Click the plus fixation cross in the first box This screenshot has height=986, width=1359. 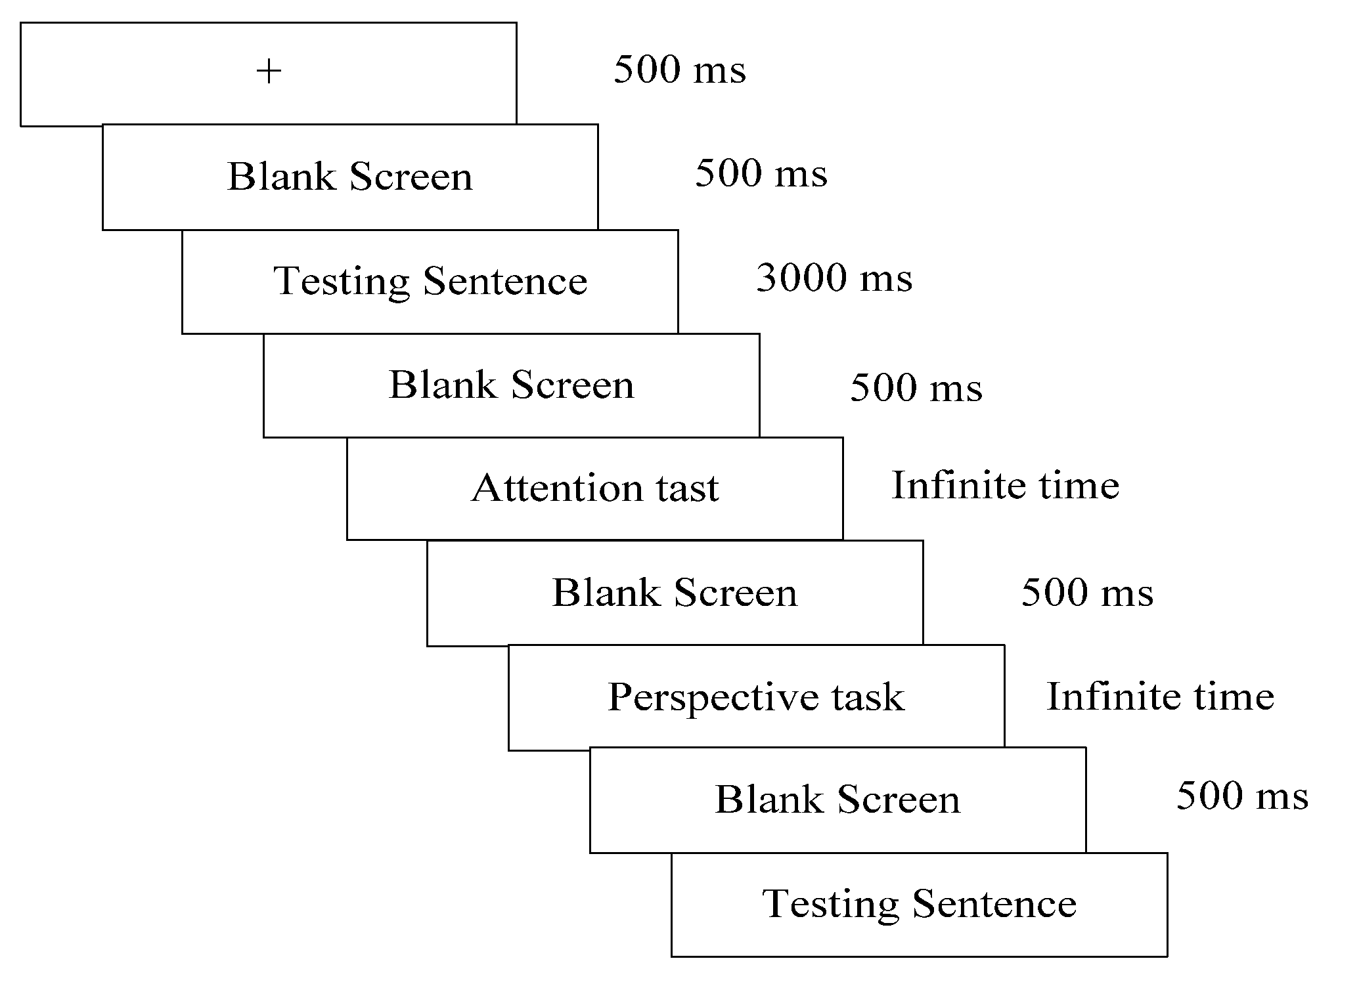coord(269,72)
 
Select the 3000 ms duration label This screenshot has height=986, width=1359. coord(834,278)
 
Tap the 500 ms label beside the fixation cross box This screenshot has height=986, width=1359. coord(680,70)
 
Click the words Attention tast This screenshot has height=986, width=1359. coord(595,488)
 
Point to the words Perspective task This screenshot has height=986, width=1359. coord(756,697)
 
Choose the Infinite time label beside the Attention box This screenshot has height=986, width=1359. coord(1006,486)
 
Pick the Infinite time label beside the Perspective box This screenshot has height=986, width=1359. coord(1161,697)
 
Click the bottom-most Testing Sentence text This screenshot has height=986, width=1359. coord(919,904)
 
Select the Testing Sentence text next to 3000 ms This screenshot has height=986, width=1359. coord(430,282)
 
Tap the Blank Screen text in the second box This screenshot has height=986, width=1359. coord(350,177)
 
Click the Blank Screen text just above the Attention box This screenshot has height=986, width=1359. coord(512,385)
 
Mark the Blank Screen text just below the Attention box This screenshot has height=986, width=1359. coord(675,593)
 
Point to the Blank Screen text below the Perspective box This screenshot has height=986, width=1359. coord(837,800)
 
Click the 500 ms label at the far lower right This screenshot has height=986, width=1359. coord(1242,796)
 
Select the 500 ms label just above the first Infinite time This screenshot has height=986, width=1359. coord(916,387)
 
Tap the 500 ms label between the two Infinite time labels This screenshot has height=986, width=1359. coord(1087,593)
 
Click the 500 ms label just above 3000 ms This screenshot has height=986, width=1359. coord(761,174)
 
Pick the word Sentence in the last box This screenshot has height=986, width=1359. coord(994,904)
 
